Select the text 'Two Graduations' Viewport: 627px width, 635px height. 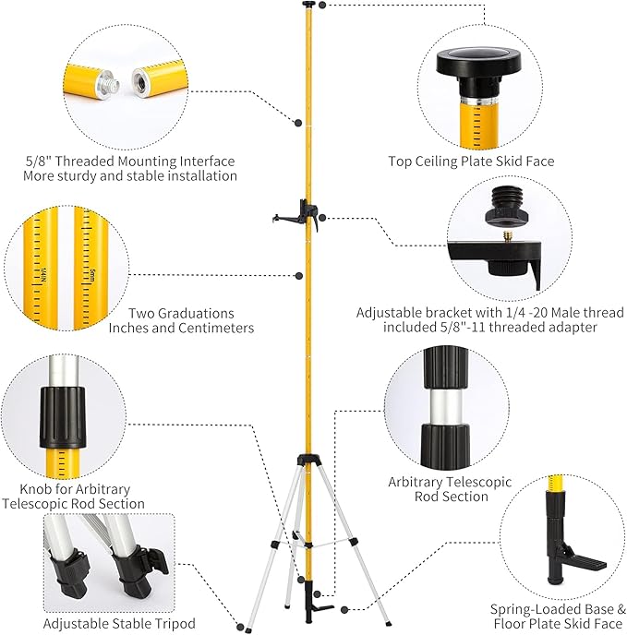[181, 313]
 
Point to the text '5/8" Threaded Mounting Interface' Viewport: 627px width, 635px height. [130, 161]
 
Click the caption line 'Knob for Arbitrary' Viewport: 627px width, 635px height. [75, 488]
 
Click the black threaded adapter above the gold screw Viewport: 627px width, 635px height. [509, 209]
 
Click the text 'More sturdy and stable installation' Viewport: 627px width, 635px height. [130, 175]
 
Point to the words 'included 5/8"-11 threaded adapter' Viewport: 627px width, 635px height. [491, 328]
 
